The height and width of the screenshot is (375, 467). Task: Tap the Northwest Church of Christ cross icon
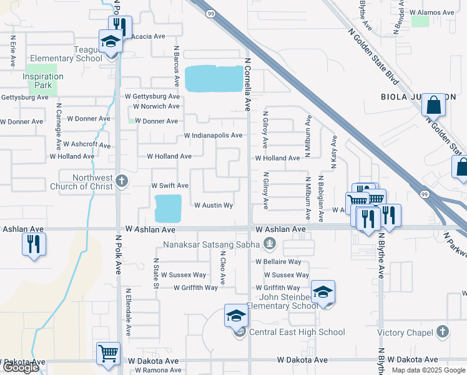click(122, 181)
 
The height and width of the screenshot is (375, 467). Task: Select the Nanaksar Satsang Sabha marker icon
click(269, 244)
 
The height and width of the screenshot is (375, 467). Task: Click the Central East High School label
click(297, 332)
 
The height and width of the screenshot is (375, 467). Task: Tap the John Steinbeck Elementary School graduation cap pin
click(323, 292)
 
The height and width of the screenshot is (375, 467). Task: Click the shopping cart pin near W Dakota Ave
click(108, 353)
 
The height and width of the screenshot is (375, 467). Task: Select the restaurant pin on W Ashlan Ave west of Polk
click(34, 244)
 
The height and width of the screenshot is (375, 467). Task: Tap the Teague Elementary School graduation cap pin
click(111, 42)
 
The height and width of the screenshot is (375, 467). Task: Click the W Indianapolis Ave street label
click(213, 136)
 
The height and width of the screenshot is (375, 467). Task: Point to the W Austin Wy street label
click(214, 205)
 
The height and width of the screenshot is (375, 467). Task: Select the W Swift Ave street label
click(170, 186)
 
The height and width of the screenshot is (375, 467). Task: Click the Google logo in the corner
click(20, 367)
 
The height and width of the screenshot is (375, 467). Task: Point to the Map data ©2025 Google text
click(428, 370)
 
